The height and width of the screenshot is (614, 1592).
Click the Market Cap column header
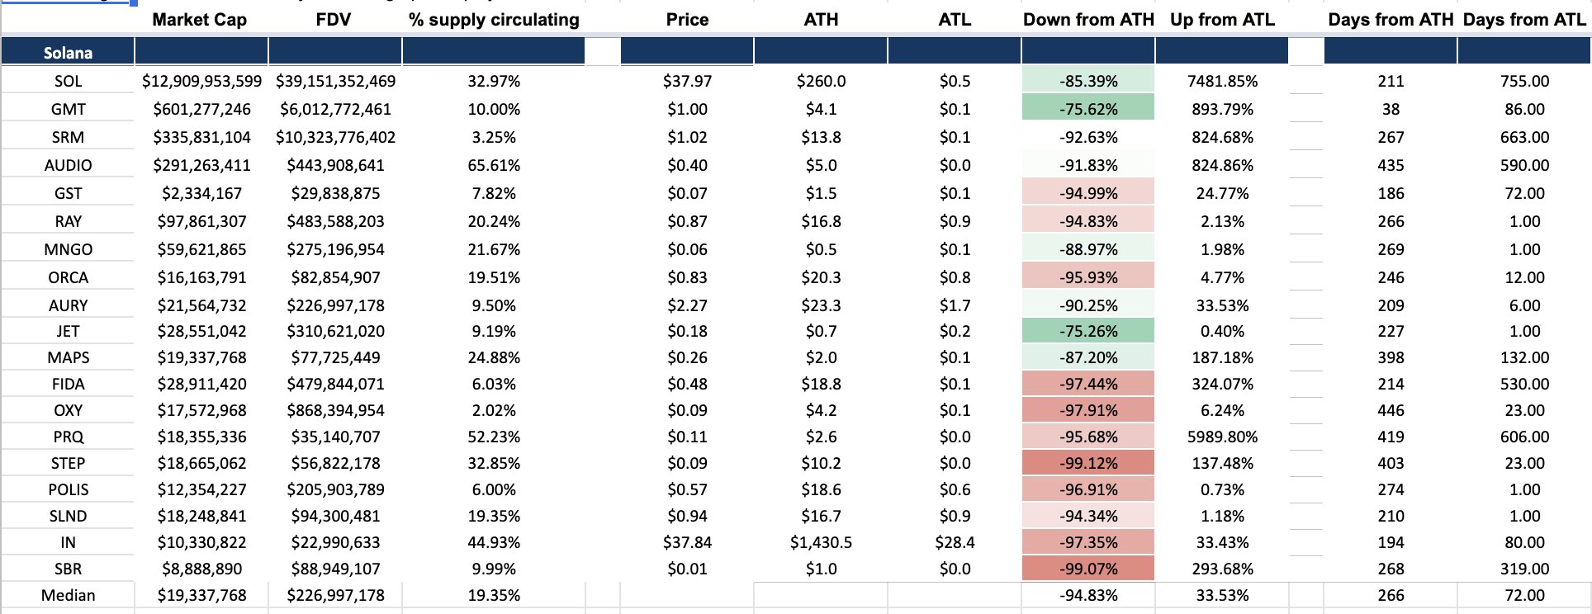click(x=200, y=19)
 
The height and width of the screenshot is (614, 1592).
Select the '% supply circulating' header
click(x=494, y=19)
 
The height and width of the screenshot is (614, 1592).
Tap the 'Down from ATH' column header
click(x=1088, y=19)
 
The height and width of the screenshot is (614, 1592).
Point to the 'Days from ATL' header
click(x=1524, y=19)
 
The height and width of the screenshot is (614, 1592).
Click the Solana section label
click(x=68, y=53)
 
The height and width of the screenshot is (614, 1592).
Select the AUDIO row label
click(x=69, y=165)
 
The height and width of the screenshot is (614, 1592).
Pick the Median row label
click(x=69, y=595)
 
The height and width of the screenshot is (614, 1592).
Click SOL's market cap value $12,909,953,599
click(x=201, y=81)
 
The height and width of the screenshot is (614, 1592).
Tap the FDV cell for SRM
click(x=335, y=137)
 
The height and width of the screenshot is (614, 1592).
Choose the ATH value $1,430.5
click(x=821, y=542)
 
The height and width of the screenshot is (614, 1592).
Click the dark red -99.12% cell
click(x=1088, y=463)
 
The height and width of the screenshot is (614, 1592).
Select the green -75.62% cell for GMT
click(x=1088, y=109)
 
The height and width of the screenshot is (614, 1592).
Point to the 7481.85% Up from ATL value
click(x=1222, y=81)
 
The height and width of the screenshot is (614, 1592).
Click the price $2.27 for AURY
click(x=687, y=305)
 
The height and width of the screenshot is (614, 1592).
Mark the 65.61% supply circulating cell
click(x=494, y=165)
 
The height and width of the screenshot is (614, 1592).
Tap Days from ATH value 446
click(x=1391, y=410)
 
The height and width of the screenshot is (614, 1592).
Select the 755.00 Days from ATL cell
click(x=1524, y=81)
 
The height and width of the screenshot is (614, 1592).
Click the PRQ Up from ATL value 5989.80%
click(x=1222, y=437)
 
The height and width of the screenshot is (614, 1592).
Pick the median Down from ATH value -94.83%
click(x=1088, y=595)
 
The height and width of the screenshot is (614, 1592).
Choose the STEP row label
click(x=68, y=463)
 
